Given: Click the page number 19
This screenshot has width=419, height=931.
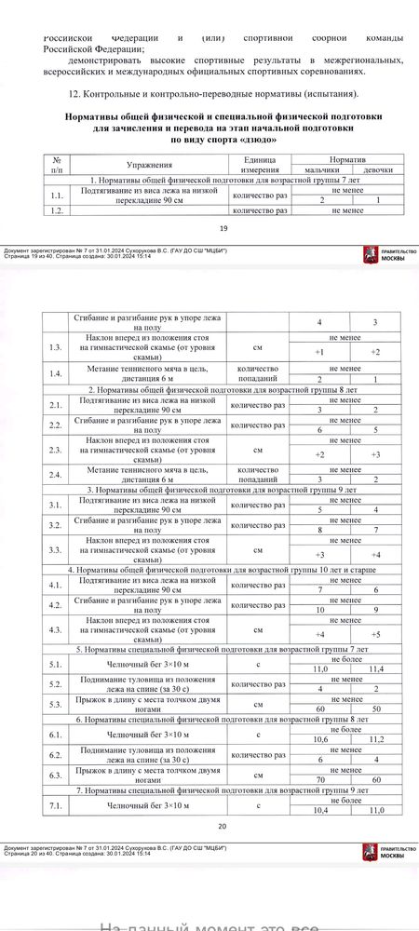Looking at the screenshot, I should pyautogui.click(x=222, y=229).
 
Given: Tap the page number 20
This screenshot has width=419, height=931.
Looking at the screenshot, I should pyautogui.click(x=222, y=826).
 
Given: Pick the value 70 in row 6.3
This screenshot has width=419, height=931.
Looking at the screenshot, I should pyautogui.click(x=320, y=779).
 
